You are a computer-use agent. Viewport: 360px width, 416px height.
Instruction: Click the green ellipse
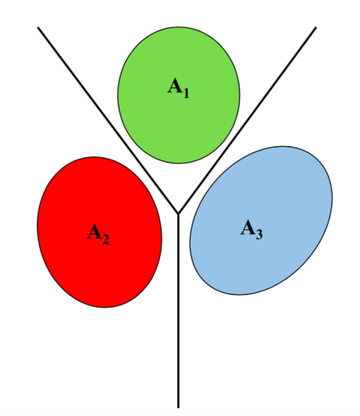179,95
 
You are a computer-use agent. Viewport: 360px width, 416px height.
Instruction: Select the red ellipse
99,232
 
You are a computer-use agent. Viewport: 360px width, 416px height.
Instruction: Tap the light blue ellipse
261,220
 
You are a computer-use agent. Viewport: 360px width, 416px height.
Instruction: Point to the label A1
178,88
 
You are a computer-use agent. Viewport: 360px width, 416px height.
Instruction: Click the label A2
98,233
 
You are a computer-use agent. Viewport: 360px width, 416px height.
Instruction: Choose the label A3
251,229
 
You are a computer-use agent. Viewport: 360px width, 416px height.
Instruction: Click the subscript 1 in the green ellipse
186,93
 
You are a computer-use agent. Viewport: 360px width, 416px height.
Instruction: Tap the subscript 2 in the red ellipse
105,239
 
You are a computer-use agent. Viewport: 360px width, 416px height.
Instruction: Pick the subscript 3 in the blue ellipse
259,235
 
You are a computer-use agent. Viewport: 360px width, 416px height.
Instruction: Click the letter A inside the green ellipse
175,85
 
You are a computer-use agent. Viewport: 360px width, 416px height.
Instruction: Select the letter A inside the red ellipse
94,231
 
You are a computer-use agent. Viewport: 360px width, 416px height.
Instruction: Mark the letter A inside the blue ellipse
248,227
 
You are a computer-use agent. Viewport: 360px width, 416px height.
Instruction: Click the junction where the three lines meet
178,214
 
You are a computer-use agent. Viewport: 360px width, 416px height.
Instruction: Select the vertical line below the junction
178,311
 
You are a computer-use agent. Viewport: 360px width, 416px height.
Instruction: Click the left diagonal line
108,120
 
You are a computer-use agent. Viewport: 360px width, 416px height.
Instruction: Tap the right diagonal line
247,120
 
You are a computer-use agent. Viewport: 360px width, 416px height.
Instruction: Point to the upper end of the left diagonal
38,27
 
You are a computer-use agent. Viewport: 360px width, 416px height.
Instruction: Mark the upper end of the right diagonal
316,27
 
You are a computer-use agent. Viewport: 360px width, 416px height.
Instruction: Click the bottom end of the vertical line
178,408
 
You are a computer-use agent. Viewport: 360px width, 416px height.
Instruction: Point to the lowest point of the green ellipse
178,163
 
